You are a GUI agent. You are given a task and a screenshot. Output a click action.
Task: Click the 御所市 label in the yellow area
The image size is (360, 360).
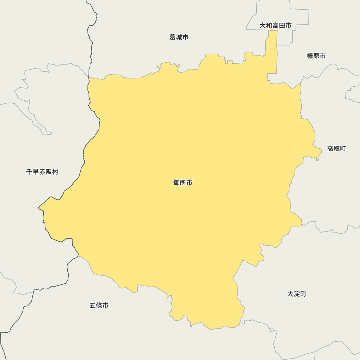click(x=183, y=183)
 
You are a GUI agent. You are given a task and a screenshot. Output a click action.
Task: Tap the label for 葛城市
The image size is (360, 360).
click(x=179, y=37)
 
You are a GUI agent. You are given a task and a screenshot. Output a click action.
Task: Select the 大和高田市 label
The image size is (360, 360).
click(x=275, y=26)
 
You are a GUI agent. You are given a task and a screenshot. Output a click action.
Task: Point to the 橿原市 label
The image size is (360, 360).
click(x=316, y=56)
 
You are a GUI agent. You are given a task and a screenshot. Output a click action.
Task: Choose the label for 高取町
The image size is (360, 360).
click(x=337, y=149)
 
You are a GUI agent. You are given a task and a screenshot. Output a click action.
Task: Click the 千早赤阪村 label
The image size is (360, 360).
click(x=42, y=172)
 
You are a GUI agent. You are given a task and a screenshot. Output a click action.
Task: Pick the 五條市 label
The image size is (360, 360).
click(x=99, y=306)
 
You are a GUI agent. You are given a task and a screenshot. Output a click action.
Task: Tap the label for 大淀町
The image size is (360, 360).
click(x=297, y=294)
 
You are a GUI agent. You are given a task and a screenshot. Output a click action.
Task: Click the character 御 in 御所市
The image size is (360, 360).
click(x=176, y=183)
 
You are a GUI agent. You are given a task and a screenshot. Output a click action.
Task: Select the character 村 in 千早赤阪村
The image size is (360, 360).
click(x=55, y=172)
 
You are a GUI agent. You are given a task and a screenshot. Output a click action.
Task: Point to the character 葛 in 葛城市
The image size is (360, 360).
click(x=172, y=37)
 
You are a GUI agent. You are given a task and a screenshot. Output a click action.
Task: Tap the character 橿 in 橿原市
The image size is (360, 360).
click(x=310, y=56)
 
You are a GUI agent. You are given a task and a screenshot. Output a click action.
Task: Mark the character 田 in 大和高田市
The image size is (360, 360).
click(x=282, y=26)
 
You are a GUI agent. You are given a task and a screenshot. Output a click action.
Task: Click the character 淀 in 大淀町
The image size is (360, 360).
click(x=297, y=294)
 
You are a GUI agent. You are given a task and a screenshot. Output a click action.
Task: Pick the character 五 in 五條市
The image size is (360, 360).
click(x=93, y=306)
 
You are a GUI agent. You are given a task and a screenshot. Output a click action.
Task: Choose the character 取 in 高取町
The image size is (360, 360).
click(x=337, y=149)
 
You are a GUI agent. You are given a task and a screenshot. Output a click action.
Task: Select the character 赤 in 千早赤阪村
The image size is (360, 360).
click(x=42, y=172)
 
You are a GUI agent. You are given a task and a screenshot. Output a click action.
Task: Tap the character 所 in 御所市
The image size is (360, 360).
click(x=183, y=183)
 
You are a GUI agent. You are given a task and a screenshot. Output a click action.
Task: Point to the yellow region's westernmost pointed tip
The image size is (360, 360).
click(x=39, y=208)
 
